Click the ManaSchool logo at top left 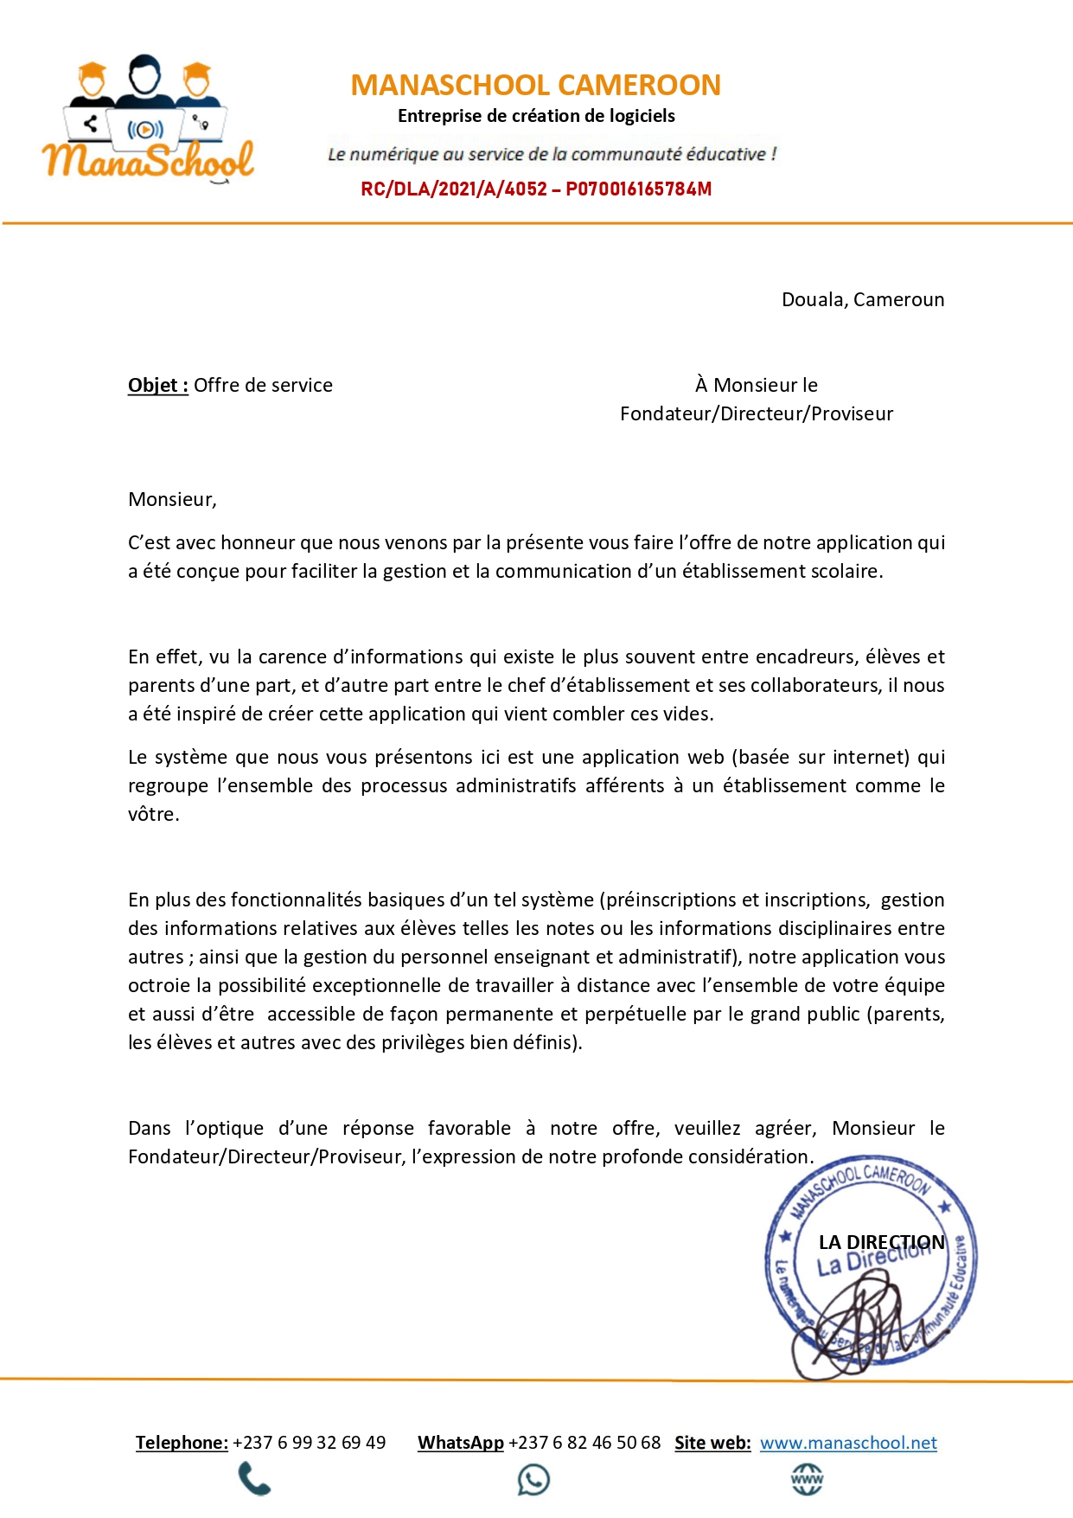tap(147, 121)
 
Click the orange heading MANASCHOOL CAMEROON tap(535, 85)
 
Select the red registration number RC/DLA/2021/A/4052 tap(454, 189)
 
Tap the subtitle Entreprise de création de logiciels tap(536, 116)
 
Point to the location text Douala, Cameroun tap(862, 299)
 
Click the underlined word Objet tap(157, 385)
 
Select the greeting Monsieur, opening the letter tap(172, 499)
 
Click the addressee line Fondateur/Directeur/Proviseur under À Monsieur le tap(756, 413)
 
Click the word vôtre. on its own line tap(153, 814)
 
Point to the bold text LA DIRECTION tap(881, 1242)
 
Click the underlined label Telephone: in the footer tap(182, 1443)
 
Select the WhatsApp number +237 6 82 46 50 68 tap(584, 1443)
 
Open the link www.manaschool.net tap(848, 1443)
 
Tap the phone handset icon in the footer tap(254, 1479)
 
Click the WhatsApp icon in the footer tap(533, 1479)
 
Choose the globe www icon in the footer tap(807, 1479)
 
